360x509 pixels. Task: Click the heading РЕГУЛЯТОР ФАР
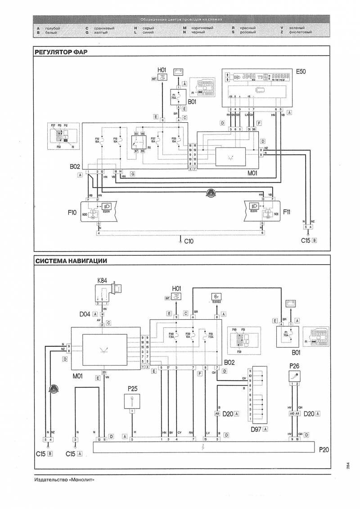click(61, 52)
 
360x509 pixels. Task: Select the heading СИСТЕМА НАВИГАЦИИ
click(71, 260)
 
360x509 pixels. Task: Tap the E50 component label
click(300, 71)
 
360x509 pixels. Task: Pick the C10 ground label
click(189, 241)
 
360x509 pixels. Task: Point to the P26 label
click(295, 366)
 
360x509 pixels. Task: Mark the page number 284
click(349, 466)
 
